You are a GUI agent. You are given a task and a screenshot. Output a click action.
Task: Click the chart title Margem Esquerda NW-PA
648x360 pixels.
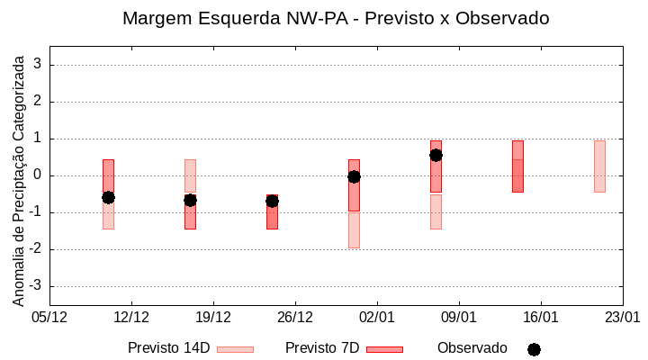335,18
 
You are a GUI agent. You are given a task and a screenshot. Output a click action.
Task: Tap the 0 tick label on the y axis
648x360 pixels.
38,175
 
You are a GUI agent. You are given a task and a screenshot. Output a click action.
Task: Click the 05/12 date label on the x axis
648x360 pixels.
49,317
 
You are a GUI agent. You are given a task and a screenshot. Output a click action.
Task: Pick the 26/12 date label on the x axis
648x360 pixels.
294,317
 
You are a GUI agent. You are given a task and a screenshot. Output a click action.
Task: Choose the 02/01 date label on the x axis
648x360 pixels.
376,317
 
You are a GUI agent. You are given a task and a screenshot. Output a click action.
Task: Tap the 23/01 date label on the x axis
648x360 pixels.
622,317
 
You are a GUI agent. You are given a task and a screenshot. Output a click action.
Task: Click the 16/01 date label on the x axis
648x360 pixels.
540,317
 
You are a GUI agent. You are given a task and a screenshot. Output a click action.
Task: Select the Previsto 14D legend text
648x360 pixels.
168,348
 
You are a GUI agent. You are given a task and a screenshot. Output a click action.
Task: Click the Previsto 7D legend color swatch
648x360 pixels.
384,349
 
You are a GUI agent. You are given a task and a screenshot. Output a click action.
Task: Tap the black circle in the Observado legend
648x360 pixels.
534,349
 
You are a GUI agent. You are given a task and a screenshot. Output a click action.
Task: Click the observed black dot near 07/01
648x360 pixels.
436,155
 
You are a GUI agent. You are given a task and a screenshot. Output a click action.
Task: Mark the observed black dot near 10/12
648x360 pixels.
108,197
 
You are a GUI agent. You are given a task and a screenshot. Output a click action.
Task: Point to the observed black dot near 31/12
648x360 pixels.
354,176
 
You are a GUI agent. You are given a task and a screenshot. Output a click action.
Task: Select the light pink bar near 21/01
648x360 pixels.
599,166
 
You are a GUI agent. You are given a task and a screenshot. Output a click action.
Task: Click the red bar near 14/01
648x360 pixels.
517,166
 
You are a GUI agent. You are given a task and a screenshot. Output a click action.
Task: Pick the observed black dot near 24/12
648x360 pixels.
272,201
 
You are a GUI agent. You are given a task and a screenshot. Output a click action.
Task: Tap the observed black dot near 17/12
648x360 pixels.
190,200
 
